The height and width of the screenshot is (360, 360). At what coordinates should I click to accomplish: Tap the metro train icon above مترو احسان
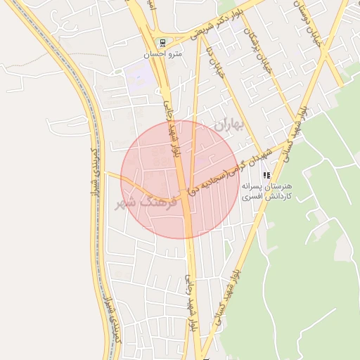pos(162,42)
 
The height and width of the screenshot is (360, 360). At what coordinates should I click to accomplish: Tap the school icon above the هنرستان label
pos(266,175)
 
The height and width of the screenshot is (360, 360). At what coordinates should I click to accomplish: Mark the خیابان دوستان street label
pos(309,25)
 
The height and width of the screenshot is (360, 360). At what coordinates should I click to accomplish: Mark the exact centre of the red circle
pos(179,180)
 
